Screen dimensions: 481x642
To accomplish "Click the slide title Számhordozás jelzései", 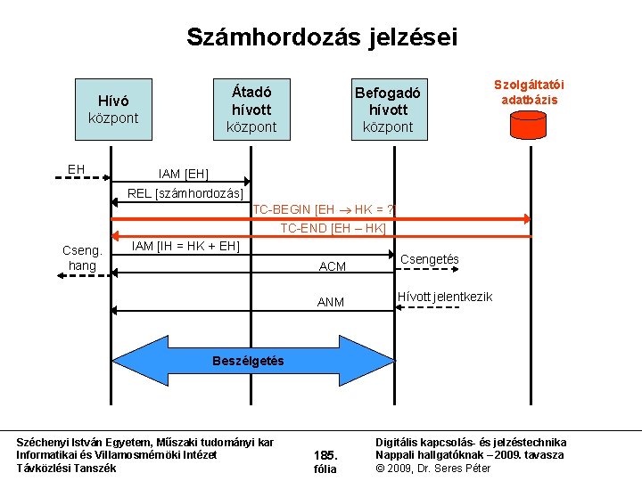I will pos(321,37).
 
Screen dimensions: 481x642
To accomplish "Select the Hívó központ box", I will pos(113,109).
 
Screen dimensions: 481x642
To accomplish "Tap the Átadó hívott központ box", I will pos(251,109).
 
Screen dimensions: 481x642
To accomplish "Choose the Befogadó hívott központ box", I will pos(387,109).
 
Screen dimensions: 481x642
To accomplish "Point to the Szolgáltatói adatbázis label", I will pos(530,92).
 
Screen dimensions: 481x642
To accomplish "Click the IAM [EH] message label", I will pos(184,173).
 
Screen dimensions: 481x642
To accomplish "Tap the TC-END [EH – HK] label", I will pos(333,229).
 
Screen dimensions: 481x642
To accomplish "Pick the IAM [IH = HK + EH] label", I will pos(185,246).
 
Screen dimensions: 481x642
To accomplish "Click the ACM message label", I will pos(333,266).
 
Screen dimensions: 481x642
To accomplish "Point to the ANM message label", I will pos(331,302).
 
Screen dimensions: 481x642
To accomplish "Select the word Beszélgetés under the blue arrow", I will pos(248,361).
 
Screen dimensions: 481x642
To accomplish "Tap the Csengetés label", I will pos(431,259).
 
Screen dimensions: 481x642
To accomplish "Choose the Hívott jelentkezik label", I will pos(445,296).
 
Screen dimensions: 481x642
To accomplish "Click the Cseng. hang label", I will pos(82,258).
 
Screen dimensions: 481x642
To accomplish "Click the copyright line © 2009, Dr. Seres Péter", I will pos(433,468).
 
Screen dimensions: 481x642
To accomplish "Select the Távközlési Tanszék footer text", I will pos(66,468).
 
